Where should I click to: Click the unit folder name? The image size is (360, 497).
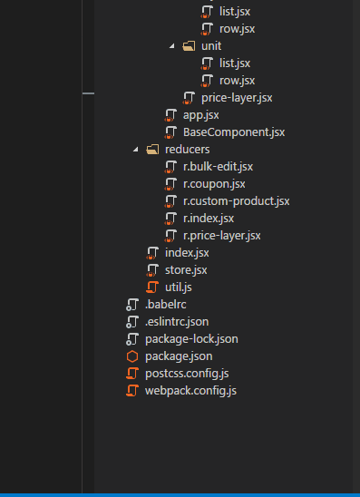pyautogui.click(x=210, y=45)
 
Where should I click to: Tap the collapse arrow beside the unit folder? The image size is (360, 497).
pyautogui.click(x=172, y=45)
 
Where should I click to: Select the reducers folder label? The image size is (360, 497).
pyautogui.click(x=187, y=149)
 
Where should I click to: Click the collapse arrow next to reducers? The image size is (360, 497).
pyautogui.click(x=136, y=149)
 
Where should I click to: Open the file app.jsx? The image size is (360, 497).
pyautogui.click(x=200, y=114)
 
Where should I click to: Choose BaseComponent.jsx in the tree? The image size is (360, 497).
pyautogui.click(x=234, y=132)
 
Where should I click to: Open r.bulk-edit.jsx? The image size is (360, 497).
pyautogui.click(x=218, y=166)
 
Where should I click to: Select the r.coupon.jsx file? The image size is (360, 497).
pyautogui.click(x=214, y=183)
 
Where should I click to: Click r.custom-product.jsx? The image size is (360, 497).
pyautogui.click(x=236, y=200)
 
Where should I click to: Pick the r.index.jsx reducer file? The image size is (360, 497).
pyautogui.click(x=209, y=218)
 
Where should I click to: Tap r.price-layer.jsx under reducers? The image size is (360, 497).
pyautogui.click(x=221, y=235)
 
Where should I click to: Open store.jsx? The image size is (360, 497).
pyautogui.click(x=186, y=269)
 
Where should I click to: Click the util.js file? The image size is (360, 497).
pyautogui.click(x=179, y=287)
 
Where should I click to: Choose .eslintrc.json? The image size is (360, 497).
pyautogui.click(x=176, y=321)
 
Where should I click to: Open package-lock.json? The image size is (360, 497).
pyautogui.click(x=191, y=338)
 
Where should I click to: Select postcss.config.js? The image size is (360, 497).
pyautogui.click(x=186, y=373)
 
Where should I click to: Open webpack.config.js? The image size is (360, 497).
pyautogui.click(x=190, y=390)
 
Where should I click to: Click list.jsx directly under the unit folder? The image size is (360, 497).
pyautogui.click(x=235, y=63)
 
